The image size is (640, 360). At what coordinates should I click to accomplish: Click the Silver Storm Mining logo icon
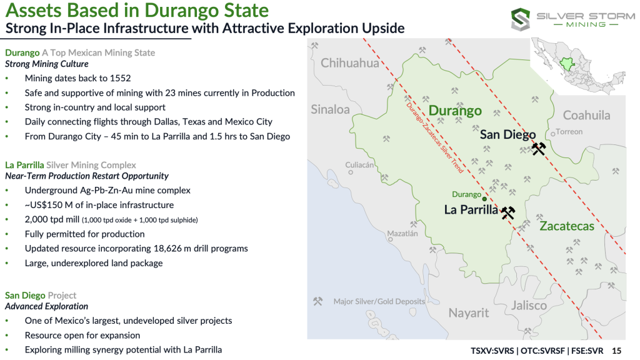click(x=521, y=19)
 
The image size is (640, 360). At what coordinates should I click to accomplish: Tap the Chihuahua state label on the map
click(x=350, y=63)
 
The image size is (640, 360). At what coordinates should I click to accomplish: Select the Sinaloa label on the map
click(x=330, y=109)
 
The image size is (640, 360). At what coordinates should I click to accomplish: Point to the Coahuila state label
click(x=586, y=115)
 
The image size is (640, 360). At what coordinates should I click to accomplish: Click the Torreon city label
click(x=569, y=131)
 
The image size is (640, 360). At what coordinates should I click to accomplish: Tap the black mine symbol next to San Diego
click(x=539, y=149)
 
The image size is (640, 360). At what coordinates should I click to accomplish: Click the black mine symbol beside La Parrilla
click(x=508, y=212)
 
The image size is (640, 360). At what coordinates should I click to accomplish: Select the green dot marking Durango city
click(x=484, y=199)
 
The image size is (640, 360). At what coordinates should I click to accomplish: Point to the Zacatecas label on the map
click(x=567, y=226)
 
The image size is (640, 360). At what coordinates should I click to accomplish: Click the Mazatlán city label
click(x=402, y=234)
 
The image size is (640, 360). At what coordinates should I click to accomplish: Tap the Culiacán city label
click(x=359, y=165)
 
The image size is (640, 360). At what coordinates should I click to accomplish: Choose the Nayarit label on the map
click(x=469, y=312)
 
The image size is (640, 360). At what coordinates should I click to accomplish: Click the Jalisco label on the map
click(x=529, y=305)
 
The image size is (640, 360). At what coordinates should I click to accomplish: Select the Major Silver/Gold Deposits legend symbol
click(x=317, y=301)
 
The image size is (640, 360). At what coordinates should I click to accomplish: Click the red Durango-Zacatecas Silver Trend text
click(x=435, y=138)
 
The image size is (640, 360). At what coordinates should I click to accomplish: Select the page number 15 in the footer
click(x=616, y=351)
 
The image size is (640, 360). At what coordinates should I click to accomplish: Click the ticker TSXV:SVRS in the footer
click(x=492, y=351)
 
